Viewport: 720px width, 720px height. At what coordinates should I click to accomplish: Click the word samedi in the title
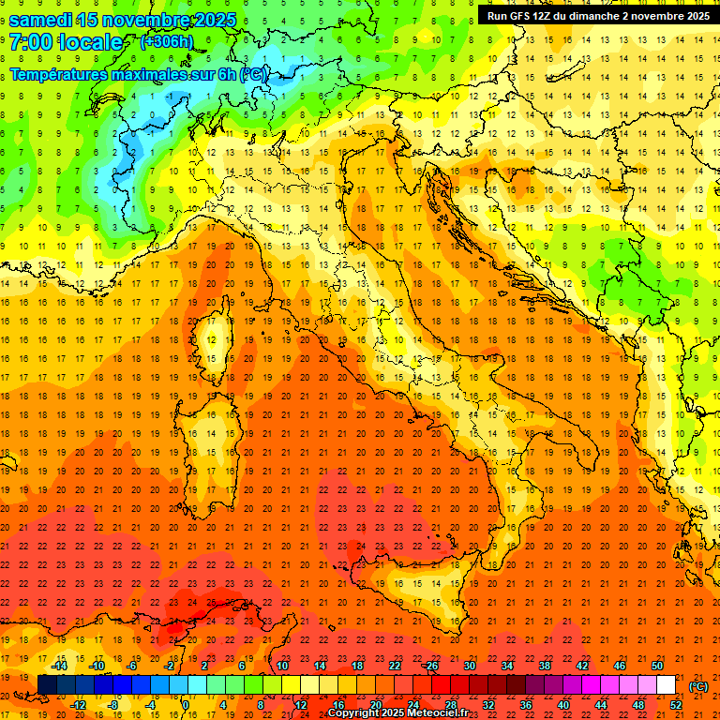pyautogui.click(x=41, y=20)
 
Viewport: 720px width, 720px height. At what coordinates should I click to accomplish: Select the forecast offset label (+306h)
pyautogui.click(x=166, y=41)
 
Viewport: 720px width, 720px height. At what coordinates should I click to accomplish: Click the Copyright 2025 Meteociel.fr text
pyautogui.click(x=397, y=713)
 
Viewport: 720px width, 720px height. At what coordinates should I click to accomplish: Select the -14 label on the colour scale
pyautogui.click(x=59, y=666)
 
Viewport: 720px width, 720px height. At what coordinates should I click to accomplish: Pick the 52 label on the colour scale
pyautogui.click(x=675, y=705)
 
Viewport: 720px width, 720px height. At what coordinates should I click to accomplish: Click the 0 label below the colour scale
pyautogui.click(x=185, y=705)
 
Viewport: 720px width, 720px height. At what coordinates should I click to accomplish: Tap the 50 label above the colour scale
pyautogui.click(x=657, y=666)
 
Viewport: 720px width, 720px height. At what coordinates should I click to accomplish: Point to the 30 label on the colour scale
pyautogui.click(x=469, y=666)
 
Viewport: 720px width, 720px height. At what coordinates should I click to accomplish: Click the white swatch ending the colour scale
pyautogui.click(x=666, y=685)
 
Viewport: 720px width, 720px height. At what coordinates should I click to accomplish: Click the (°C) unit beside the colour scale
pyautogui.click(x=698, y=686)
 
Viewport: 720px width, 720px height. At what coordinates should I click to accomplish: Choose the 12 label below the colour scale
pyautogui.click(x=300, y=705)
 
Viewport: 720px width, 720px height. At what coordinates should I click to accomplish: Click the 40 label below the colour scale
pyautogui.click(x=562, y=705)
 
